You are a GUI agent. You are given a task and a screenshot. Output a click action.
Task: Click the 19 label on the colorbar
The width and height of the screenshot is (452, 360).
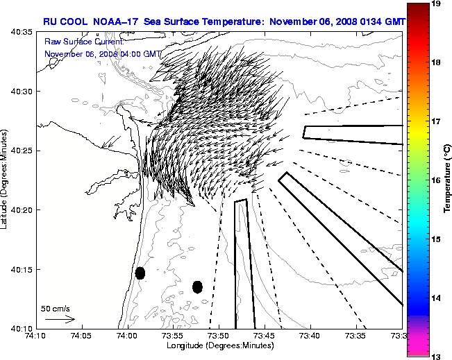(436, 4)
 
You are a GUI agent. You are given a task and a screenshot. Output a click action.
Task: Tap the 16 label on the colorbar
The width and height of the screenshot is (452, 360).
(436, 180)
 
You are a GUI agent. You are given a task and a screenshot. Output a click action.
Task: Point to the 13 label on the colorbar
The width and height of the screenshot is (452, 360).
(436, 356)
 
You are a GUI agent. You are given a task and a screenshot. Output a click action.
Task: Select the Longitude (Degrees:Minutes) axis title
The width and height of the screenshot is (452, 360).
(219, 345)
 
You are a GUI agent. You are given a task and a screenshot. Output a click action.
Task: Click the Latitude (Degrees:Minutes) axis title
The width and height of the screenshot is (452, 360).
(5, 180)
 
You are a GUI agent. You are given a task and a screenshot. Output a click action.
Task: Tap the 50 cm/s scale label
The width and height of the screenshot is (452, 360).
(55, 308)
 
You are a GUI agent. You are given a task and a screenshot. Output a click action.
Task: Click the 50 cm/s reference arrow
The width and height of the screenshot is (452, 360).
(60, 319)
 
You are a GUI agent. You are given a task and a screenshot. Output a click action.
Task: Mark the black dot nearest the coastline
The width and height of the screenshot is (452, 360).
(140, 273)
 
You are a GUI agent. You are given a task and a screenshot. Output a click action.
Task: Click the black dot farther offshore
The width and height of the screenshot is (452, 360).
(197, 286)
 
